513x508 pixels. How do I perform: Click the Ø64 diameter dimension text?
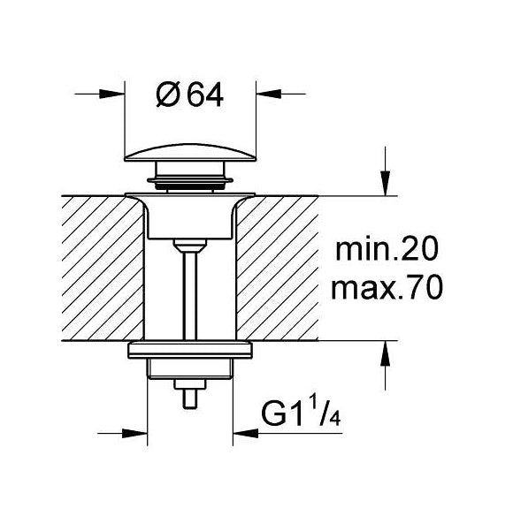[x=190, y=93]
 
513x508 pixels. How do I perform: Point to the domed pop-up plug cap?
[x=190, y=154]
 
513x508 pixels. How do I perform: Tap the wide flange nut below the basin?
[x=190, y=351]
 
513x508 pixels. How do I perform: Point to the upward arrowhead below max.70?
[x=385, y=351]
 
